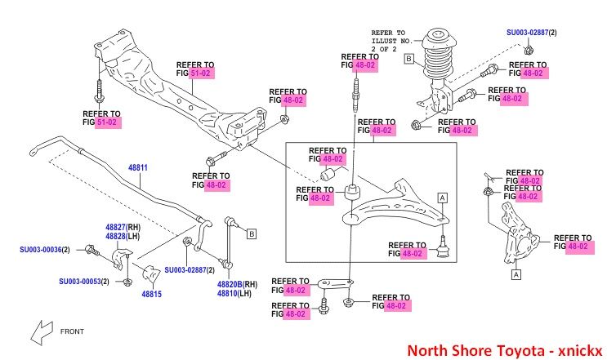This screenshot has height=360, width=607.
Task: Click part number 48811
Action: click(x=137, y=167)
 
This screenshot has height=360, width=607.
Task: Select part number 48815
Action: click(x=152, y=293)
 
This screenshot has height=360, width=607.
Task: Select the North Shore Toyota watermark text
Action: click(x=502, y=349)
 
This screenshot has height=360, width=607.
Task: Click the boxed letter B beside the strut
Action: click(x=408, y=58)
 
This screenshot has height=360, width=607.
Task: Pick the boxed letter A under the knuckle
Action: click(x=516, y=275)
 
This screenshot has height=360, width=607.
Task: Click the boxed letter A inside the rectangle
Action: click(x=442, y=198)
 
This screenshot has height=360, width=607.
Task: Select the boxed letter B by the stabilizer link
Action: click(x=252, y=234)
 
